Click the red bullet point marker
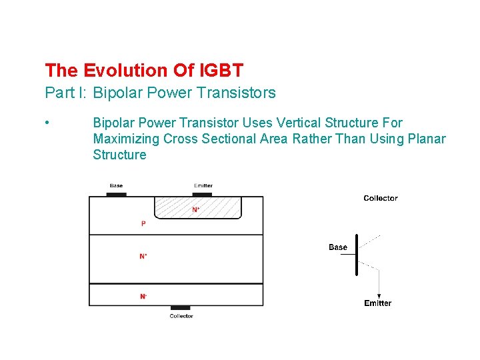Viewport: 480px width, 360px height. point(47,123)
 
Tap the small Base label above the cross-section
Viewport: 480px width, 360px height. point(116,186)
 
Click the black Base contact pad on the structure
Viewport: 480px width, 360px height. point(116,195)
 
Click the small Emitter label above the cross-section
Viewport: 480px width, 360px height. point(203,186)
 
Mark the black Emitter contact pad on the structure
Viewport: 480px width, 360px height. point(203,195)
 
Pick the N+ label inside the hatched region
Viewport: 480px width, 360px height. point(196,209)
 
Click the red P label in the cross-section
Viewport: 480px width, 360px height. point(143,224)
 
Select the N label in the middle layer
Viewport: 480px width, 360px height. point(143,256)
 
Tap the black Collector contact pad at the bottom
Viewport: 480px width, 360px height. point(181,308)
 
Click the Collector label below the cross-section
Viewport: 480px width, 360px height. point(181,316)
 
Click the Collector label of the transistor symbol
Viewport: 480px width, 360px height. point(381,198)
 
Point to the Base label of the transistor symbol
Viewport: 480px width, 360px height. point(338,247)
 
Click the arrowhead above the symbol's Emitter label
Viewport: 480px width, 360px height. point(379,296)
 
